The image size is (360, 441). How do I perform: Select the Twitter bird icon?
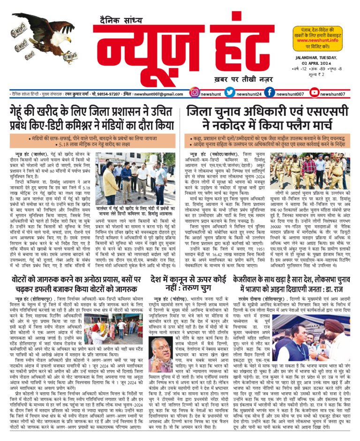point(230,93)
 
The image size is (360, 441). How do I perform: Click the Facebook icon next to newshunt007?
point(270,93)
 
